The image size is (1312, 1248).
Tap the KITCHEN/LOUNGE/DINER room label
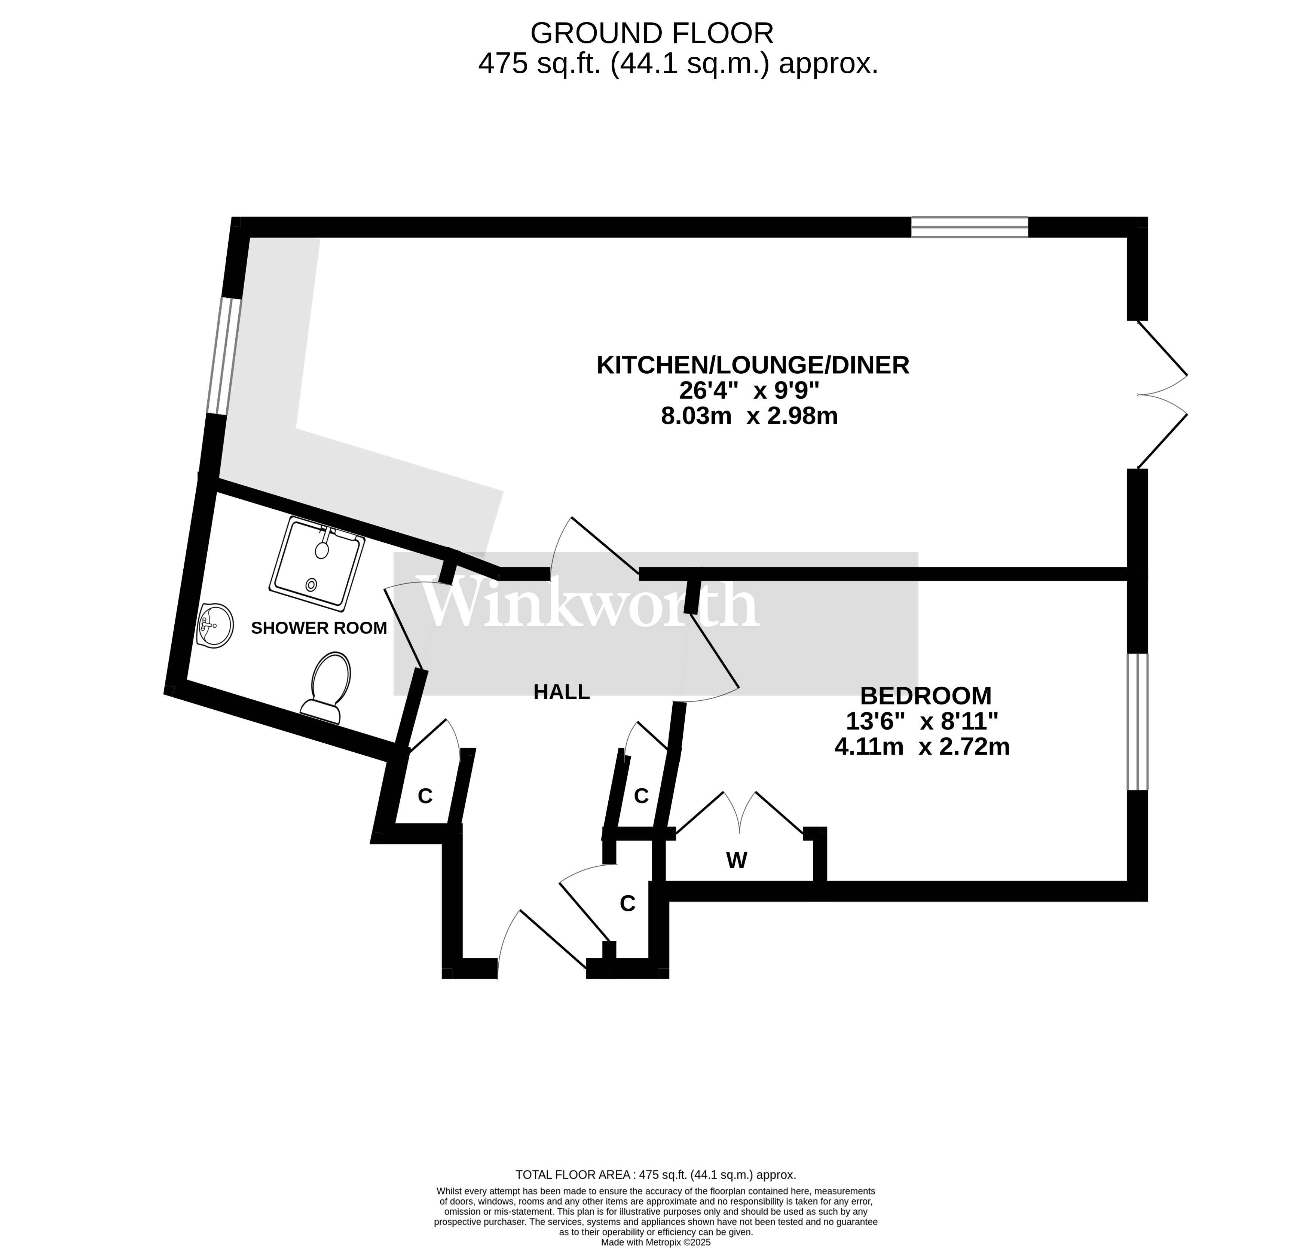coord(752,365)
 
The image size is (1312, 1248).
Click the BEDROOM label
coord(926,696)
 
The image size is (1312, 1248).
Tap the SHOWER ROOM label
coord(319,628)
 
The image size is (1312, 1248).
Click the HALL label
coord(562,692)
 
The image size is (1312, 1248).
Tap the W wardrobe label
coord(737,861)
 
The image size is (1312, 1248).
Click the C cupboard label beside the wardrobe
coord(641,796)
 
